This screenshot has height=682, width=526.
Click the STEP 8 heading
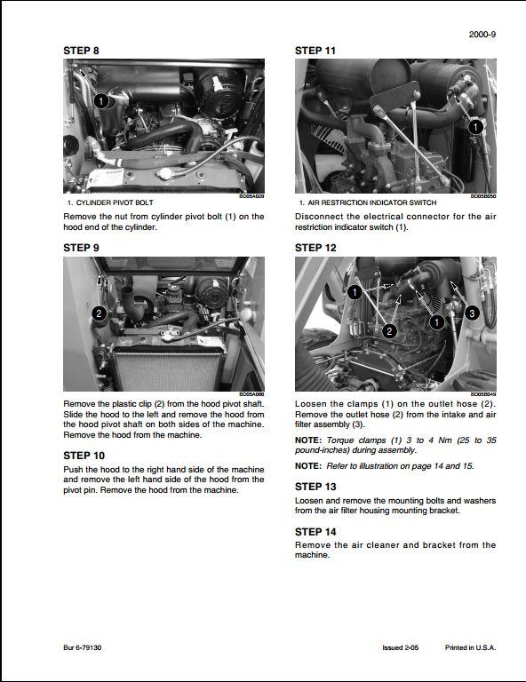tap(82, 51)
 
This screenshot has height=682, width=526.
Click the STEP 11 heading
tap(315, 51)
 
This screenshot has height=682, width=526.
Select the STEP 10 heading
tap(84, 456)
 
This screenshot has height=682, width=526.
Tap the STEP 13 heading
tap(315, 487)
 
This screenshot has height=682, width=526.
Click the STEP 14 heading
tap(315, 532)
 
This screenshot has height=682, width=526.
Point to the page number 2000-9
tap(482, 35)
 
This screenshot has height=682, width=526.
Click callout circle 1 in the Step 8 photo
tap(101, 101)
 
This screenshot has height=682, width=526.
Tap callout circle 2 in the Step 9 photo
tap(100, 313)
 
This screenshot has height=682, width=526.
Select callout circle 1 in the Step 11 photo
tap(475, 127)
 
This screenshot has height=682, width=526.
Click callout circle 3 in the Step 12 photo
tap(472, 313)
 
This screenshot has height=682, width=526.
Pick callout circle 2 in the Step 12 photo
tap(389, 331)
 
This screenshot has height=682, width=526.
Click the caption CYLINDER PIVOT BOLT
tap(115, 202)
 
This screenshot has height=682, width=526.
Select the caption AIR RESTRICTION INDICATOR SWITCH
tap(372, 202)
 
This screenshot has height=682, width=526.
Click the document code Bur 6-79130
tap(83, 647)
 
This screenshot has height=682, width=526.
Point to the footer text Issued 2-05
tap(400, 647)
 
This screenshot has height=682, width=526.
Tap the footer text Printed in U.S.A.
tap(470, 647)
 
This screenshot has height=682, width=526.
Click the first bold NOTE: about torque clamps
tap(308, 440)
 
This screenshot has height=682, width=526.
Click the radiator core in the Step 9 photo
tap(168, 369)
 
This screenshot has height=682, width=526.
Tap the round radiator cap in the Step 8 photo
tap(166, 173)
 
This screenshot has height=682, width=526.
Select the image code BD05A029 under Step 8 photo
tap(251, 196)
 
